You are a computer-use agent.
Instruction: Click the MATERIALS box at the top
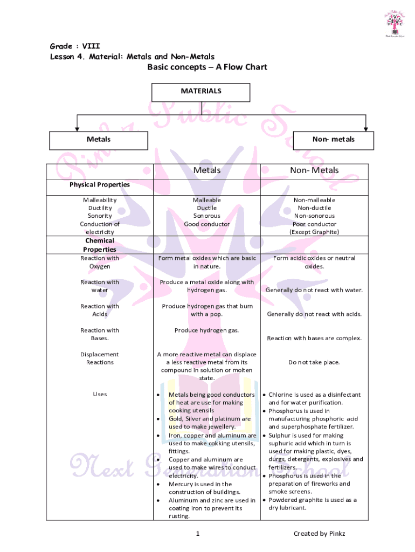click(200, 92)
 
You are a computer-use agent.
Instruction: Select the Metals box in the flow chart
click(99, 140)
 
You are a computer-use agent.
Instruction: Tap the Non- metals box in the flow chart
click(334, 140)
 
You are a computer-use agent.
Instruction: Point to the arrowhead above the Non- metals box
click(366, 128)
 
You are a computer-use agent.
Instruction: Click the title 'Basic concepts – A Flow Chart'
click(207, 67)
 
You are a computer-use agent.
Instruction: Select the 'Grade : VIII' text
click(75, 46)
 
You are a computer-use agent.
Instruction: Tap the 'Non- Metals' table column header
click(314, 170)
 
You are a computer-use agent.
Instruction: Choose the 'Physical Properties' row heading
click(100, 184)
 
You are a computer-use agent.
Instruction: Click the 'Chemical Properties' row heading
click(100, 245)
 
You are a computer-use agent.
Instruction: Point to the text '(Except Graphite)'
click(314, 232)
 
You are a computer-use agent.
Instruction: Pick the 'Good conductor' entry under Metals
click(207, 224)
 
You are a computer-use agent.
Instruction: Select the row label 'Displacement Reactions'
click(100, 358)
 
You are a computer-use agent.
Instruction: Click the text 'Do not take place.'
click(314, 362)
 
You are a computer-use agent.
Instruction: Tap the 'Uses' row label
click(100, 394)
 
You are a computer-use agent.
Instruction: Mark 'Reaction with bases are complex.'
click(314, 339)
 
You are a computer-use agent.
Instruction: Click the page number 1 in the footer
click(198, 534)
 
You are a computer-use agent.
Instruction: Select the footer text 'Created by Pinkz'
click(319, 534)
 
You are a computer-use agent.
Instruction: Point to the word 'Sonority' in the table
click(100, 216)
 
